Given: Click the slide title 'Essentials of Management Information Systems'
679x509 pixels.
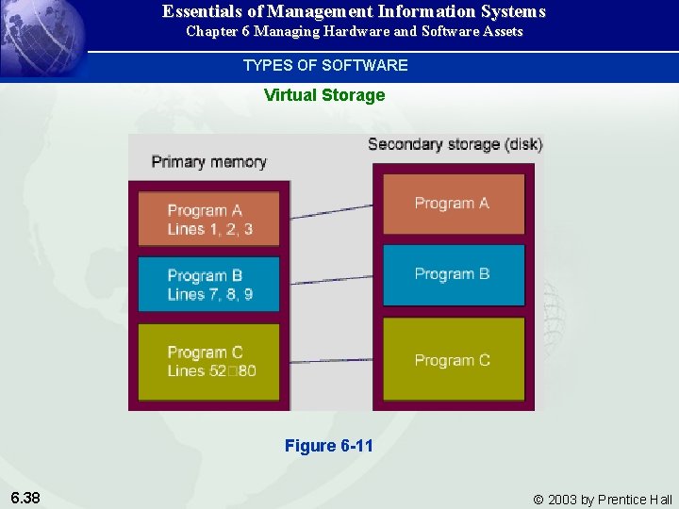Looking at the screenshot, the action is click(354, 12).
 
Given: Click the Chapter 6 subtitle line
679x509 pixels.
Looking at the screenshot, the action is click(354, 32).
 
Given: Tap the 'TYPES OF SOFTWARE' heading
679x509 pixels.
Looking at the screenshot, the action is click(325, 65).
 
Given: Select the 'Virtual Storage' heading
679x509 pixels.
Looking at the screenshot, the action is click(324, 95).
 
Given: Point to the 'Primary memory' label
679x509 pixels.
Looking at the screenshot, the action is click(208, 162).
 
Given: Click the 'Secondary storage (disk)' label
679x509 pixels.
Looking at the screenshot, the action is click(455, 144).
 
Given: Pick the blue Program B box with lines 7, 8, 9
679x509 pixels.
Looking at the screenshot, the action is click(209, 284).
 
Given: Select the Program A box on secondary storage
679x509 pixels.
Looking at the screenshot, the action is click(453, 204).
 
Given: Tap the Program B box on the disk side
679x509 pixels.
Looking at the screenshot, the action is click(453, 274).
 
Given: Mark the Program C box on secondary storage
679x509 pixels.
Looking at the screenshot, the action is click(453, 360).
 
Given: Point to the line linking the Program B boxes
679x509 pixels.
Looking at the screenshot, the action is click(331, 280).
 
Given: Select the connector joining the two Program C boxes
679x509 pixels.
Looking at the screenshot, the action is click(331, 360).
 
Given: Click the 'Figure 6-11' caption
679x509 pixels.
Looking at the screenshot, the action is click(329, 446).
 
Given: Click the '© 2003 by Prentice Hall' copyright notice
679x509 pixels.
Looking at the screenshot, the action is click(603, 500).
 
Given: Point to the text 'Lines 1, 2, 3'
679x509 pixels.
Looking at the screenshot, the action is click(209, 229).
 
